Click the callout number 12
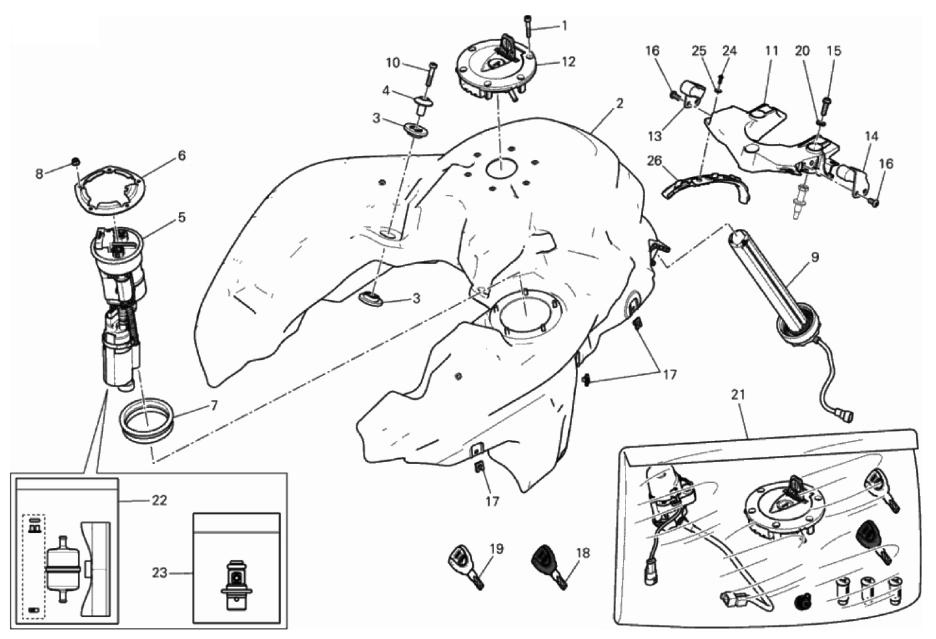[x=569, y=62]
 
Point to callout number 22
[x=159, y=500]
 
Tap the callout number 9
[x=815, y=258]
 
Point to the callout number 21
[x=738, y=395]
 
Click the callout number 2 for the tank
[x=619, y=103]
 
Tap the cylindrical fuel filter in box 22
[x=62, y=569]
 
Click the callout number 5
[x=181, y=217]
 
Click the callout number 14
[x=872, y=136]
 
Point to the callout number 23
[x=159, y=573]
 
